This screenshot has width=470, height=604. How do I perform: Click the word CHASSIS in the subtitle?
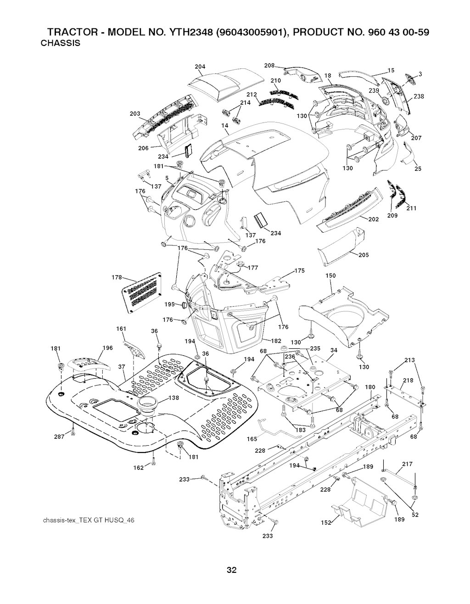61,44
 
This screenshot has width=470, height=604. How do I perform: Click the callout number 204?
200,67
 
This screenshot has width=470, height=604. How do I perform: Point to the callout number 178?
117,277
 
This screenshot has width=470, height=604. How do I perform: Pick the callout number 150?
330,276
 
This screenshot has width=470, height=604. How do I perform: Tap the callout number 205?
364,255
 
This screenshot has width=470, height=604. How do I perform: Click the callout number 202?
373,219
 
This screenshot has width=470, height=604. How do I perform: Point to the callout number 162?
143,467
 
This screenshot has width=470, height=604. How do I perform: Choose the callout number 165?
252,439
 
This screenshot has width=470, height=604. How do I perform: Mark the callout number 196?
108,348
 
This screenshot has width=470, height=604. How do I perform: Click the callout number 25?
418,169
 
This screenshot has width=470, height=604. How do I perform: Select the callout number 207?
416,138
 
